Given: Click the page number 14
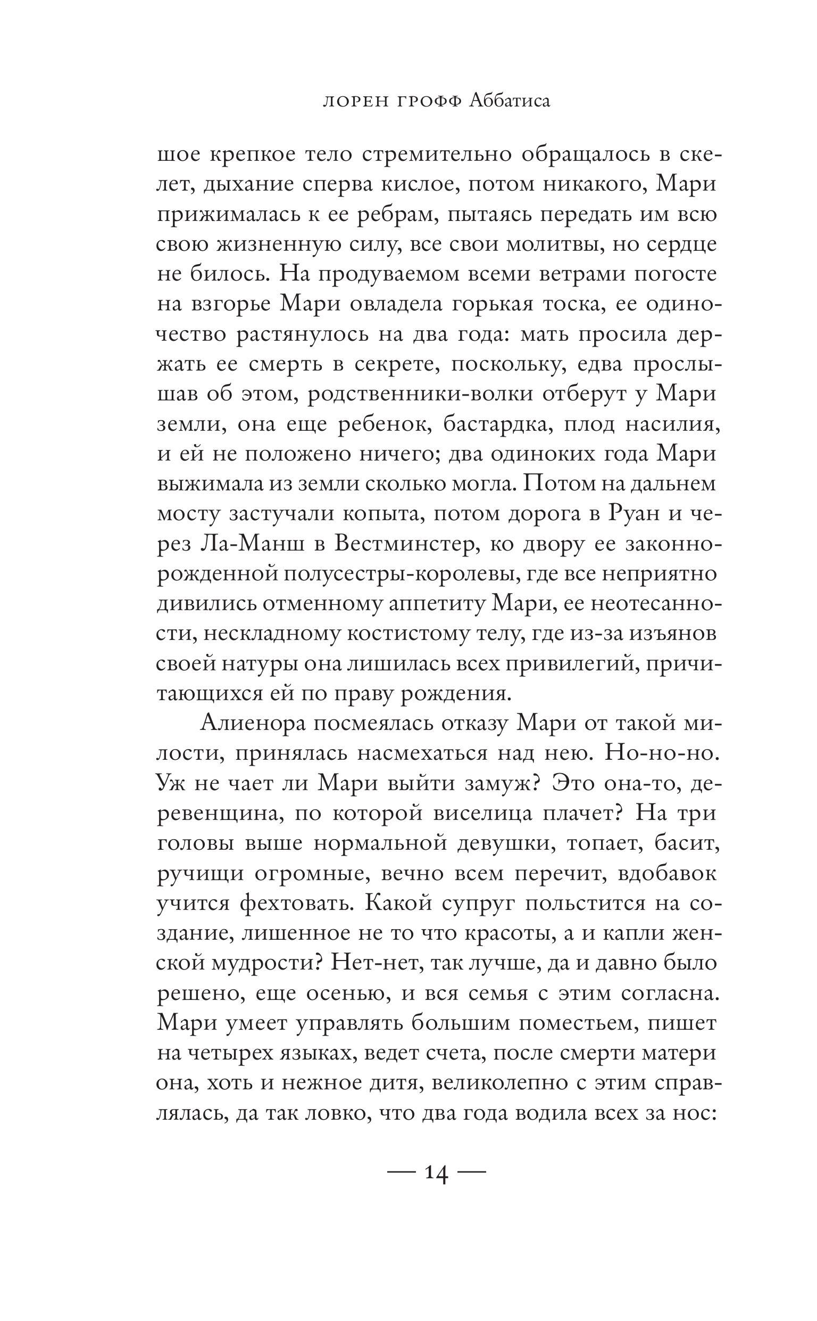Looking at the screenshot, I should coord(437,1174).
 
